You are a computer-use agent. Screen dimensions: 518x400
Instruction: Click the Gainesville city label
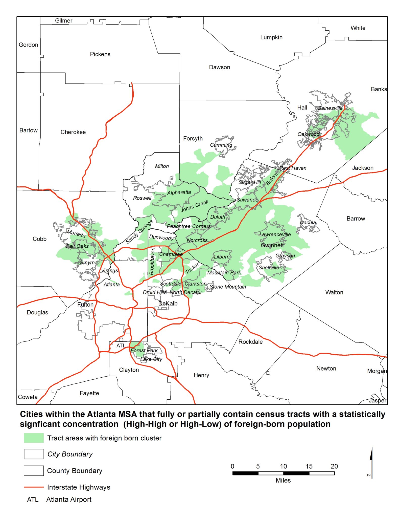pyautogui.click(x=330, y=108)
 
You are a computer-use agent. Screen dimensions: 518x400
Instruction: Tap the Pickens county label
pyautogui.click(x=100, y=54)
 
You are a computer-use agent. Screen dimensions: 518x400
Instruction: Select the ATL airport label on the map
pyautogui.click(x=121, y=346)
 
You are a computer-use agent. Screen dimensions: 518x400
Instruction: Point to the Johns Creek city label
pyautogui.click(x=194, y=206)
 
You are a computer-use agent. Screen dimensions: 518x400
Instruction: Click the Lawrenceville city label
pyautogui.click(x=275, y=234)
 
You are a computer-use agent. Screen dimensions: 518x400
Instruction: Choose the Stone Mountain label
pyautogui.click(x=228, y=287)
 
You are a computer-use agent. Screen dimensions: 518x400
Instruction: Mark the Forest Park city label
pyautogui.click(x=144, y=350)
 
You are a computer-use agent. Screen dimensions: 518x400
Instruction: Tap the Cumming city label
pyautogui.click(x=221, y=145)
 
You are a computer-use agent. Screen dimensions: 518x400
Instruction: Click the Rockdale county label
pyautogui.click(x=250, y=342)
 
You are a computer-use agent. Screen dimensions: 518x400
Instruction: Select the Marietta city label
pyautogui.click(x=76, y=233)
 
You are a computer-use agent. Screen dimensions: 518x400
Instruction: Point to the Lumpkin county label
pyautogui.click(x=271, y=37)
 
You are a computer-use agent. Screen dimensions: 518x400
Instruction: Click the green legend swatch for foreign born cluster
pyautogui.click(x=34, y=438)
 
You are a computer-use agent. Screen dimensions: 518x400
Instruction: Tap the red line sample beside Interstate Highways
pyautogui.click(x=34, y=487)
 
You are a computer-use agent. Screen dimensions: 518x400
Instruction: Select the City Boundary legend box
pyautogui.click(x=34, y=454)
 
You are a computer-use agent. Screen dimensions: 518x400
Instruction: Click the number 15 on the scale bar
pyautogui.click(x=309, y=466)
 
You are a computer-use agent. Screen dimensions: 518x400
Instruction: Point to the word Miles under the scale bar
pyautogui.click(x=283, y=480)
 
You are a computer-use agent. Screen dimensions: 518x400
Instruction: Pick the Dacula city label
pyautogui.click(x=308, y=223)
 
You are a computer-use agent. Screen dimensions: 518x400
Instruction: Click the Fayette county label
pyautogui.click(x=89, y=393)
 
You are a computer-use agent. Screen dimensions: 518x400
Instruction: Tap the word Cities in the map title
pyautogui.click(x=33, y=414)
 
